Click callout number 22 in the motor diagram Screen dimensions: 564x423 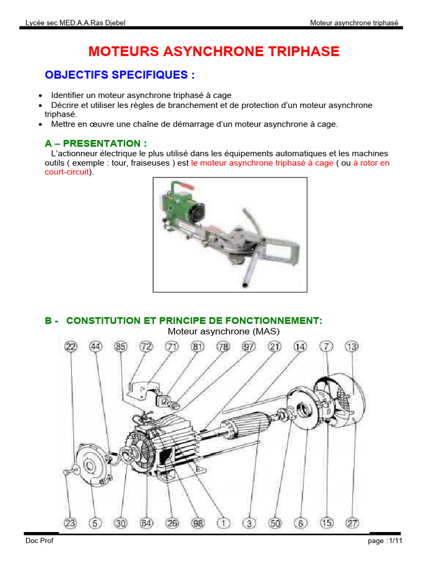(71, 347)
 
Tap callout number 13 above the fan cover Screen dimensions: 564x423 (352, 347)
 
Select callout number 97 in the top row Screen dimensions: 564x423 (250, 347)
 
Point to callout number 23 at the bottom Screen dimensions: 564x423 (71, 522)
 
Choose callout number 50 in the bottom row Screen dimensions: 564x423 (276, 522)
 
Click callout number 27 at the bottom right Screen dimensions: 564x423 (351, 522)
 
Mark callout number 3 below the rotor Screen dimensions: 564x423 (250, 522)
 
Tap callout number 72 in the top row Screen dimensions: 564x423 (146, 347)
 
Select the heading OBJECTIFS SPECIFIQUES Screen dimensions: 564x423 (120, 75)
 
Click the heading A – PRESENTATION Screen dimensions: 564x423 (96, 143)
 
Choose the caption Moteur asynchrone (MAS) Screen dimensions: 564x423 (224, 332)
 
